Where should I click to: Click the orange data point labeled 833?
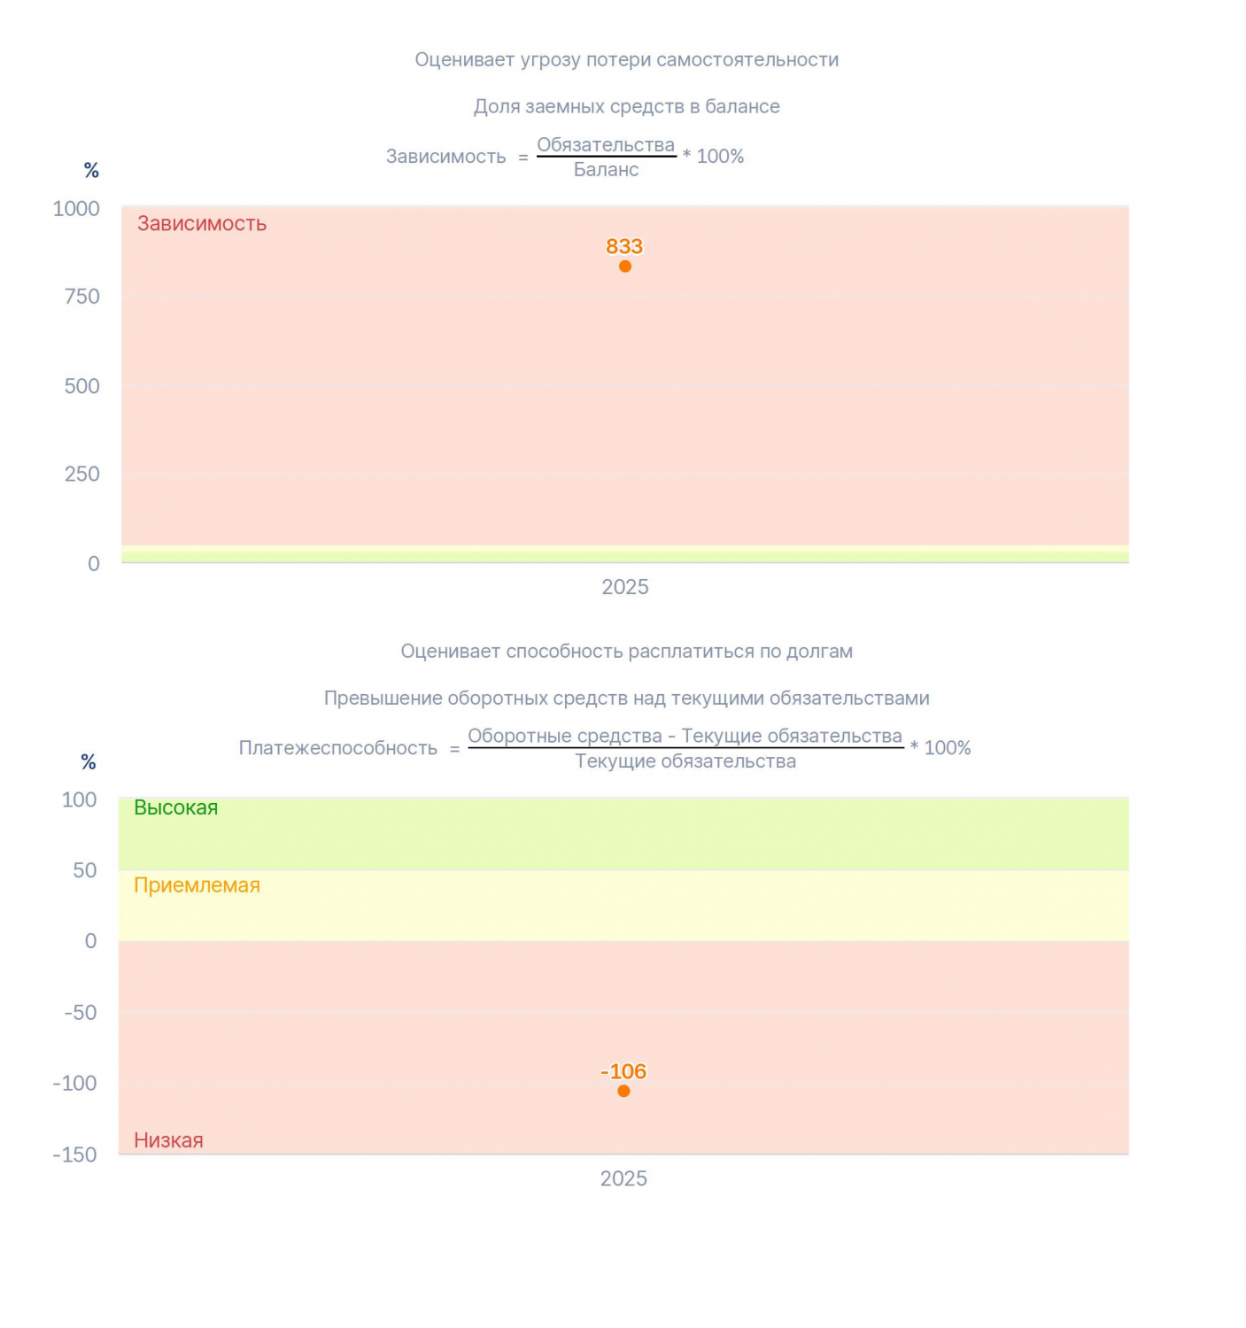click(x=624, y=266)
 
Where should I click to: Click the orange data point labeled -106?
click(x=623, y=1091)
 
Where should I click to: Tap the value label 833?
click(x=624, y=246)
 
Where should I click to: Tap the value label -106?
click(x=623, y=1071)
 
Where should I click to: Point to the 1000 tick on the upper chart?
click(x=76, y=209)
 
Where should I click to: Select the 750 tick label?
click(x=81, y=297)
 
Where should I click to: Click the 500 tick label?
click(x=81, y=386)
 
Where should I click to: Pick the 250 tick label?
click(x=81, y=474)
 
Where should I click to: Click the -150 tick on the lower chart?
click(x=75, y=1154)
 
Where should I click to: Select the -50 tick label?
click(x=81, y=1013)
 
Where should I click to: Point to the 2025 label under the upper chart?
click(x=625, y=587)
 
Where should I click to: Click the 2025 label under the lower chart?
click(x=623, y=1178)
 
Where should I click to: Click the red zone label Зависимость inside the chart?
click(x=201, y=223)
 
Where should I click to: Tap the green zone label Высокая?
click(x=176, y=807)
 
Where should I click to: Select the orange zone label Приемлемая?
click(x=197, y=885)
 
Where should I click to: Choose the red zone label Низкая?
click(x=168, y=1140)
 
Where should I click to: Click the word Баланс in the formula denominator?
click(x=607, y=170)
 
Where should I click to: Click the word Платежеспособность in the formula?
click(x=338, y=747)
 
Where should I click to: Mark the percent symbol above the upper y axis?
click(x=92, y=171)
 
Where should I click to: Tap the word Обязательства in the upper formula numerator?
click(x=606, y=144)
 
